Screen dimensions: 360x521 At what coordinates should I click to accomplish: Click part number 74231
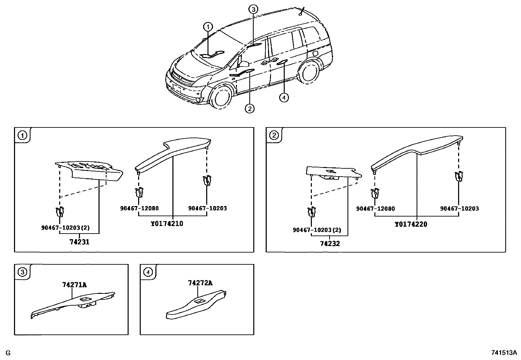coord(79,242)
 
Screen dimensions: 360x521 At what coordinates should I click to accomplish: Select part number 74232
coord(330,243)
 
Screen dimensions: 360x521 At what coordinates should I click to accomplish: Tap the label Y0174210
coord(167,224)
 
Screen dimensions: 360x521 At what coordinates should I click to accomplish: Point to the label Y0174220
coord(411,224)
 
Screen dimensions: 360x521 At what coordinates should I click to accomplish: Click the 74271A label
coord(75,285)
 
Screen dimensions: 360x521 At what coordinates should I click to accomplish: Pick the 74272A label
coord(200,283)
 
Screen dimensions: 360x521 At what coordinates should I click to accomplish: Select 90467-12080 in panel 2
coord(375,209)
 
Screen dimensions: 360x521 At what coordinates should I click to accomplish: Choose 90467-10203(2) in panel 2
coord(317,230)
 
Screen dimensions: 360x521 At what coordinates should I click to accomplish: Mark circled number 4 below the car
coord(284,97)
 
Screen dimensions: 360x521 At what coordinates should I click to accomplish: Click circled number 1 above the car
coord(208,27)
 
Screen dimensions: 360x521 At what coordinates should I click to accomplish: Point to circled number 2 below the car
coord(250,108)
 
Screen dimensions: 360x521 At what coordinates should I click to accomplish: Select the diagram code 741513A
coord(504,353)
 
